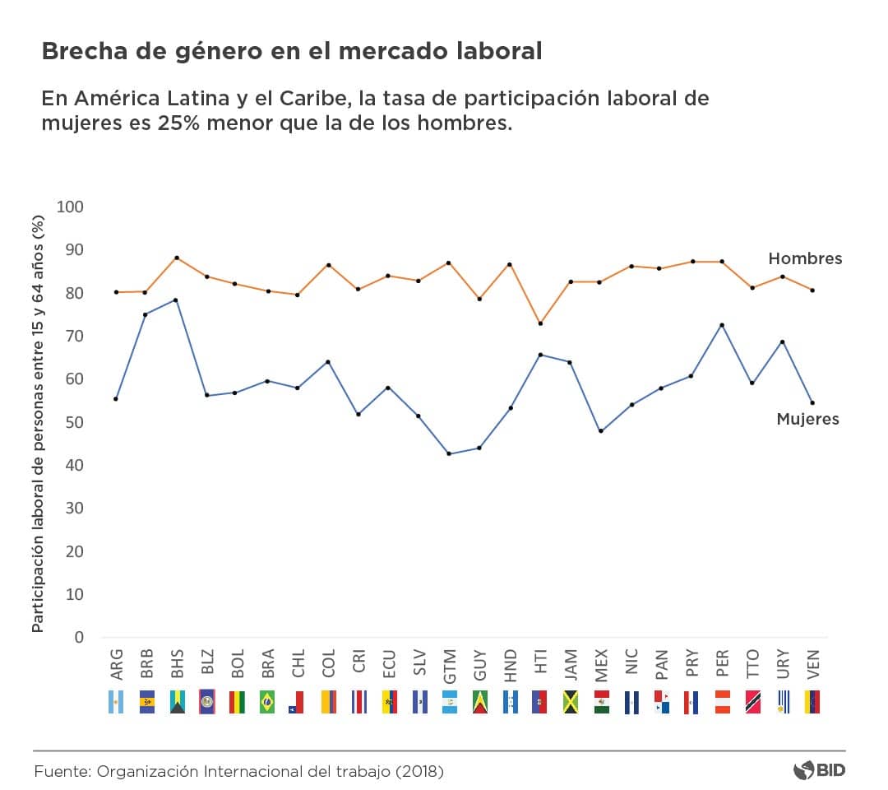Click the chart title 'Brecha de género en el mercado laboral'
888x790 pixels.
click(291, 52)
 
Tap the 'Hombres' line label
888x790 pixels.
click(805, 258)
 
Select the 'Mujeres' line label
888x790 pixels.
click(807, 419)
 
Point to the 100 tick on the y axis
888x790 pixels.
click(71, 207)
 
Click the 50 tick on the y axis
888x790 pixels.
click(74, 422)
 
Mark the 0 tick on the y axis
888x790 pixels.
click(79, 637)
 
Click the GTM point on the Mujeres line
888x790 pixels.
click(449, 453)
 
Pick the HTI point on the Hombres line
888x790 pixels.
click(540, 323)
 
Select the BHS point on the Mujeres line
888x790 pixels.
click(176, 300)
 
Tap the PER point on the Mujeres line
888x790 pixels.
click(722, 325)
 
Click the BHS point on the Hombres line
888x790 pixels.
click(176, 258)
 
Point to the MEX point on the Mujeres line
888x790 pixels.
click(601, 431)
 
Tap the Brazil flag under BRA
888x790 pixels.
click(267, 701)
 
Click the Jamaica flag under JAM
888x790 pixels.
click(571, 701)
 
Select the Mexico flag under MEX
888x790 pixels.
click(601, 701)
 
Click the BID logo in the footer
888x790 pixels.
click(818, 771)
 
